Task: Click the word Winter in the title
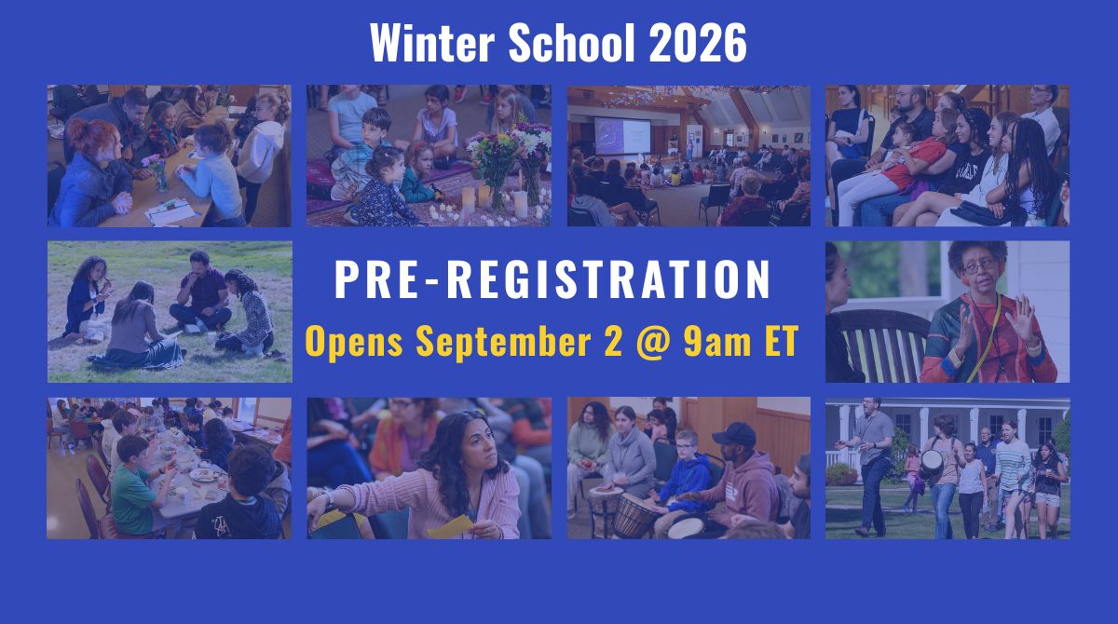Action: click(432, 43)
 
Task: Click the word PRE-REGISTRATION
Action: click(552, 279)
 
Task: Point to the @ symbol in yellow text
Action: click(653, 342)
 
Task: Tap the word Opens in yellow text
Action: click(354, 342)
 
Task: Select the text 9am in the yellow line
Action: click(717, 342)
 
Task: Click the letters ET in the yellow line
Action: click(781, 341)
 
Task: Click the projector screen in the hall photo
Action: click(622, 135)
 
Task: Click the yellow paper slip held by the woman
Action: click(450, 527)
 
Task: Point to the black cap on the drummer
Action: click(735, 434)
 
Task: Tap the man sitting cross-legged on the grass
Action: click(201, 293)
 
